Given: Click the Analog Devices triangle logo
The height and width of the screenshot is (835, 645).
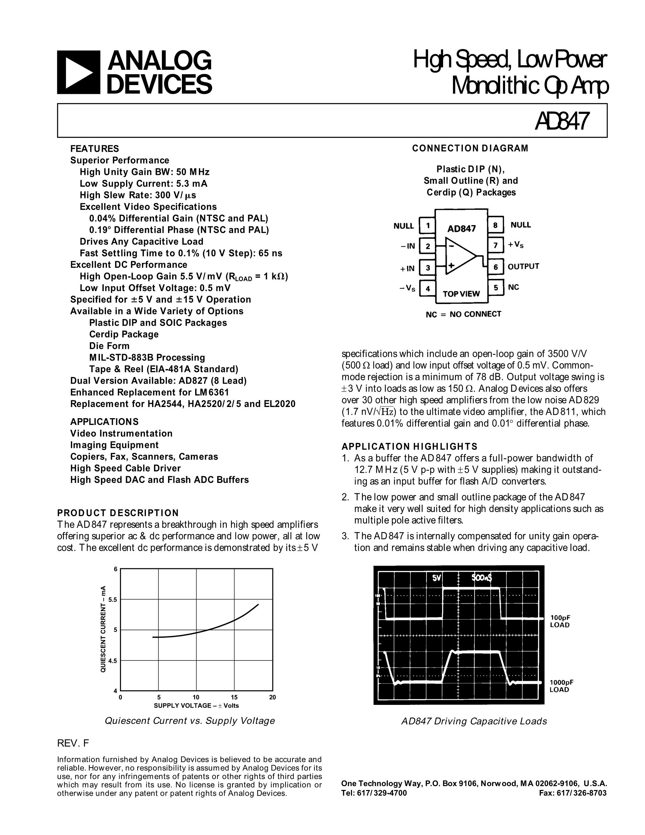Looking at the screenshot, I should (x=78, y=72).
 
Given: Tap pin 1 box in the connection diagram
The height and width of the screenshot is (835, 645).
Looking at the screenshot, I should (x=428, y=226).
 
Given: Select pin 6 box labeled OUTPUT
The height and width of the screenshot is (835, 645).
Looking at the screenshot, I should (x=495, y=267).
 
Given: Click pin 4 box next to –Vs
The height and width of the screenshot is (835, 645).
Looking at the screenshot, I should (x=428, y=288).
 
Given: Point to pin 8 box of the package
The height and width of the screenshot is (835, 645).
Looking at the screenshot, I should (x=495, y=225).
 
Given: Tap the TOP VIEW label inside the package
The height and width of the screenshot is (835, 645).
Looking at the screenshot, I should (x=461, y=293).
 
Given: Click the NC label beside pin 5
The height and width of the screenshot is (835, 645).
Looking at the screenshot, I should (x=513, y=287).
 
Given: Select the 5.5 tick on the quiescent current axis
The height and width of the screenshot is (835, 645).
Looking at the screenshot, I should (x=113, y=599).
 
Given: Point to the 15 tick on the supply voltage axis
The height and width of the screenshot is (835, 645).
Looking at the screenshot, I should (x=234, y=697).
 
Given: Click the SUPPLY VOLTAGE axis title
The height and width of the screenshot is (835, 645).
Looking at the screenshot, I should (x=196, y=706).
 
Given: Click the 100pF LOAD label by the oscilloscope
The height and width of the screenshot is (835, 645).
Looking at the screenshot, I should (x=560, y=621).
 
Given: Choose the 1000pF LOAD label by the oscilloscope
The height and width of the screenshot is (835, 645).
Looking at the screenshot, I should (x=561, y=686).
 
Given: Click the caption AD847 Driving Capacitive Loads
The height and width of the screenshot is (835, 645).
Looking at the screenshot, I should (x=474, y=721).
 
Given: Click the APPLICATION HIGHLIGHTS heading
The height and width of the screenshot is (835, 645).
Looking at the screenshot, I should (x=409, y=447).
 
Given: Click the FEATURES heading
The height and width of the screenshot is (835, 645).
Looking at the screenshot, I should (x=95, y=149).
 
